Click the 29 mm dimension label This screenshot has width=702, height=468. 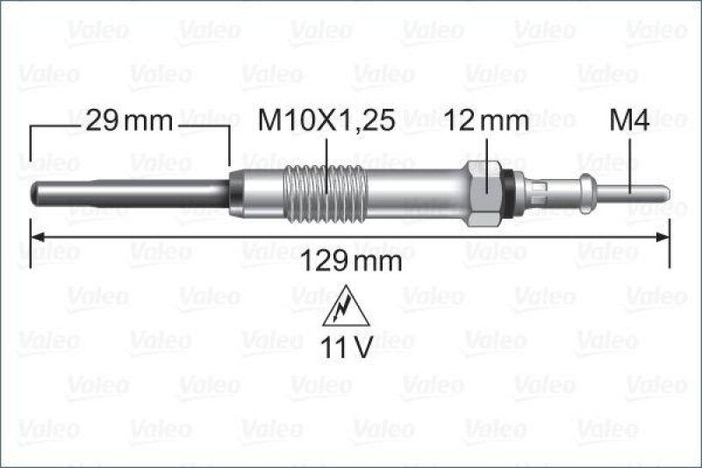[x=129, y=122]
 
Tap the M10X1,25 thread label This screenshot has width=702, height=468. [x=326, y=122]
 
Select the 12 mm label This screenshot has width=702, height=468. [x=487, y=122]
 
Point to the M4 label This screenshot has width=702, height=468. [x=629, y=122]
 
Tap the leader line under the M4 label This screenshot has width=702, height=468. [x=631, y=158]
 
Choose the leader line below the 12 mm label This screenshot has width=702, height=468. [x=485, y=154]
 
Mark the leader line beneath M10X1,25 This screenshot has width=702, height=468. [x=326, y=158]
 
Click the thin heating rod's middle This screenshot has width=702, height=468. [x=132, y=191]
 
